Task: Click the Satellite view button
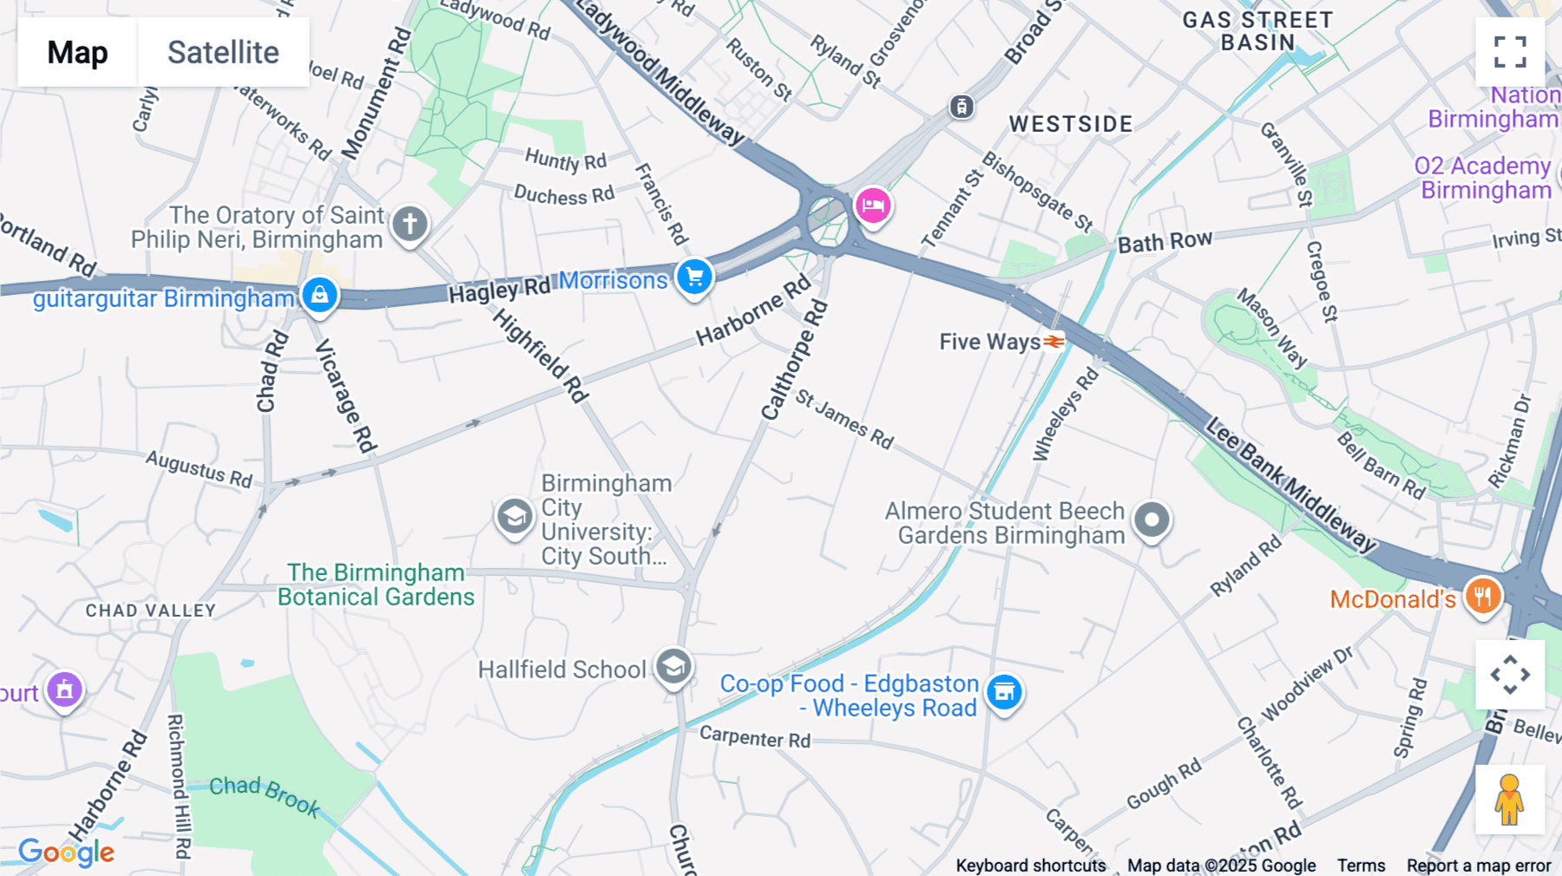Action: (x=223, y=52)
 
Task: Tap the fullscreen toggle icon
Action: (x=1510, y=52)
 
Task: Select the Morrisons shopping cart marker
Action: (x=694, y=278)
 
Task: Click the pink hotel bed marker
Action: (x=873, y=206)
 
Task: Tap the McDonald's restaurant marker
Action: (x=1482, y=597)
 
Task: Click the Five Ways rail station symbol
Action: (x=1053, y=342)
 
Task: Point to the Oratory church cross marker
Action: (x=410, y=224)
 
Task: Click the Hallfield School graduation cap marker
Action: (x=673, y=667)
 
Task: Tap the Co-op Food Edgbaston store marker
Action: (x=1004, y=692)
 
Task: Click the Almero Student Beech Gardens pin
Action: (x=1152, y=520)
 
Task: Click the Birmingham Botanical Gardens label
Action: (x=376, y=585)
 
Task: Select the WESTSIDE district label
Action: (x=1071, y=124)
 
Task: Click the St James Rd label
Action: (x=844, y=420)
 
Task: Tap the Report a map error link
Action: (x=1479, y=866)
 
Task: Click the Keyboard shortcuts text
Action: (x=1031, y=866)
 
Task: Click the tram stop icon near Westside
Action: (x=961, y=107)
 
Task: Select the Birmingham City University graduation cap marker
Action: (x=514, y=517)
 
